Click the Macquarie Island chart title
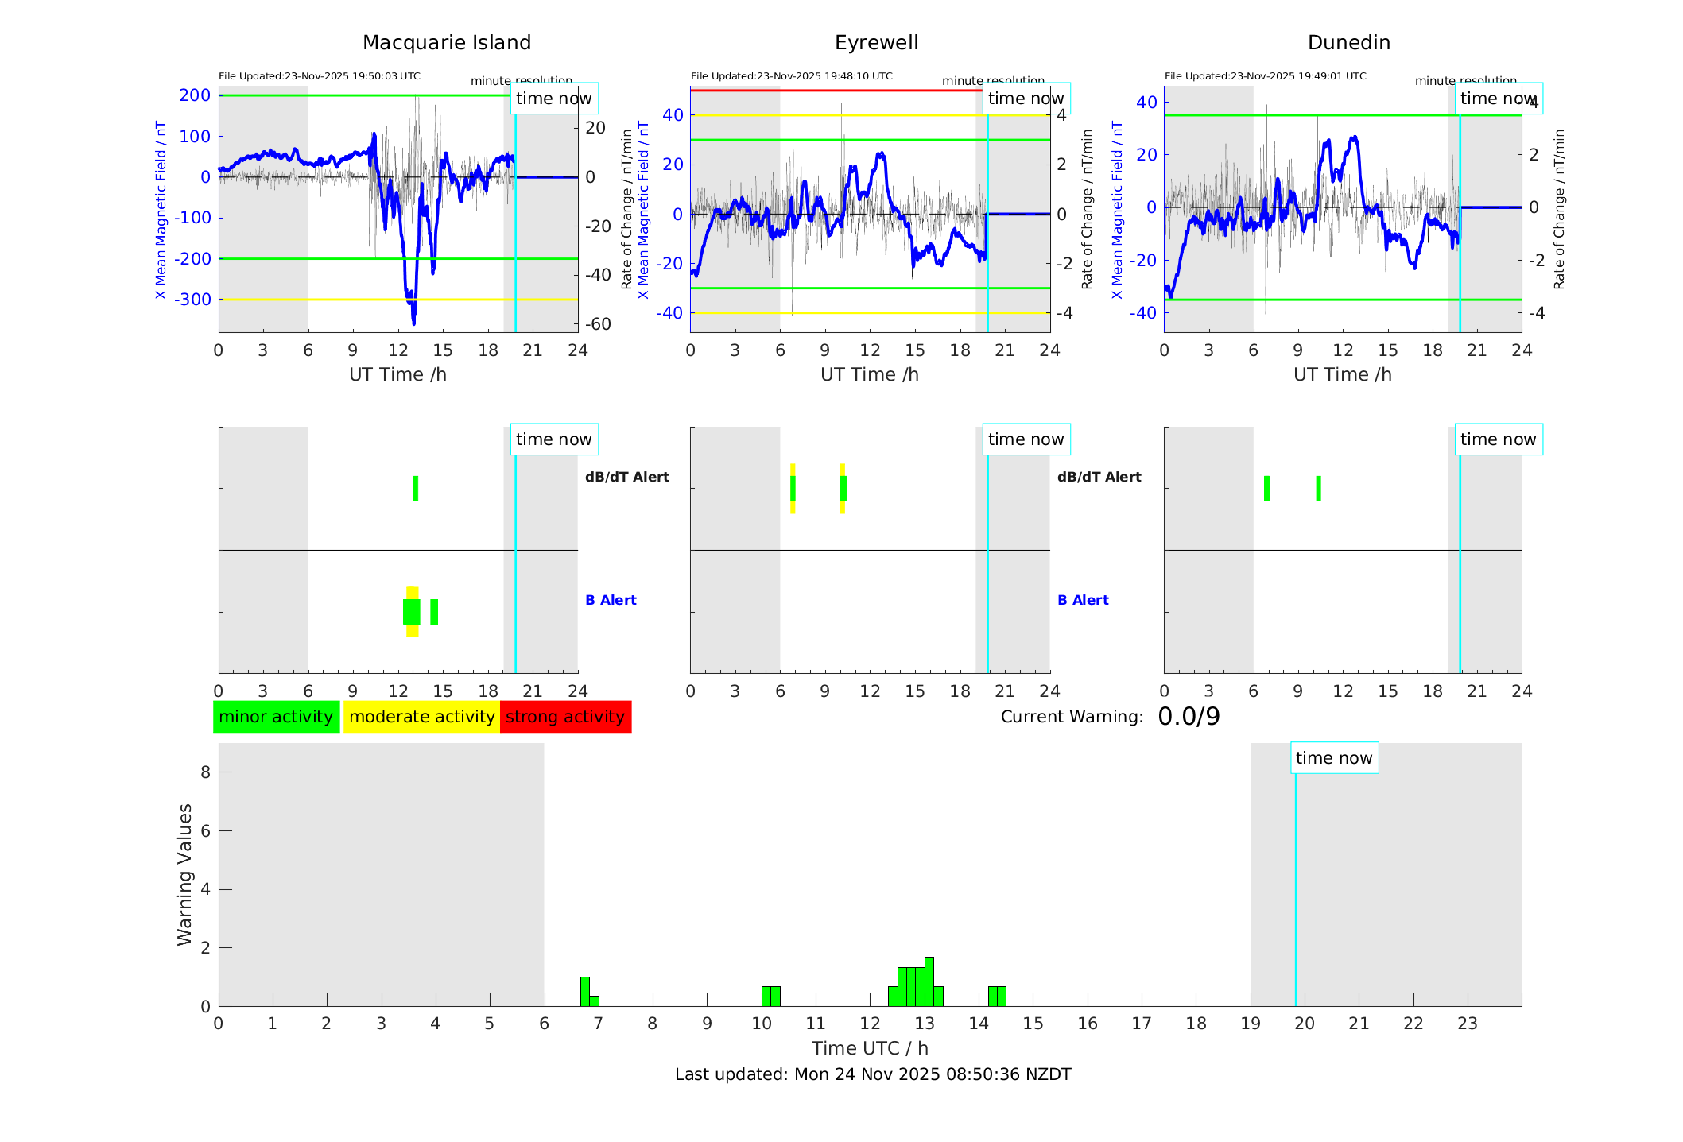click(x=446, y=43)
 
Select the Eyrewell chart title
click(x=876, y=43)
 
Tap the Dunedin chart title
click(x=1348, y=43)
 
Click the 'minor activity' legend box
click(x=276, y=717)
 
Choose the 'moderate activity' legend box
click(x=421, y=717)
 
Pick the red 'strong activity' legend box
click(x=565, y=717)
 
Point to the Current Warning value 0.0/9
click(x=1189, y=717)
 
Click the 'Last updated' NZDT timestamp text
click(x=873, y=1074)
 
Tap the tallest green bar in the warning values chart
click(x=929, y=981)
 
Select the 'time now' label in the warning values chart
click(x=1334, y=758)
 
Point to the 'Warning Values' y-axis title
click(x=184, y=874)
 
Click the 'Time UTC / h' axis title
click(x=870, y=1048)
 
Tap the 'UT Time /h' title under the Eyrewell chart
click(x=870, y=374)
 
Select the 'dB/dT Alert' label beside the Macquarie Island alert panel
click(x=626, y=477)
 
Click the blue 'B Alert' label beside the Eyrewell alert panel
click(x=1083, y=600)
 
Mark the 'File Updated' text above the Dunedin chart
click(x=1265, y=76)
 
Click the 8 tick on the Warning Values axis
click(x=205, y=772)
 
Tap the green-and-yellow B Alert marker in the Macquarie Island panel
click(x=412, y=612)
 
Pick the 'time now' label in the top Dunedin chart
click(x=1498, y=99)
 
